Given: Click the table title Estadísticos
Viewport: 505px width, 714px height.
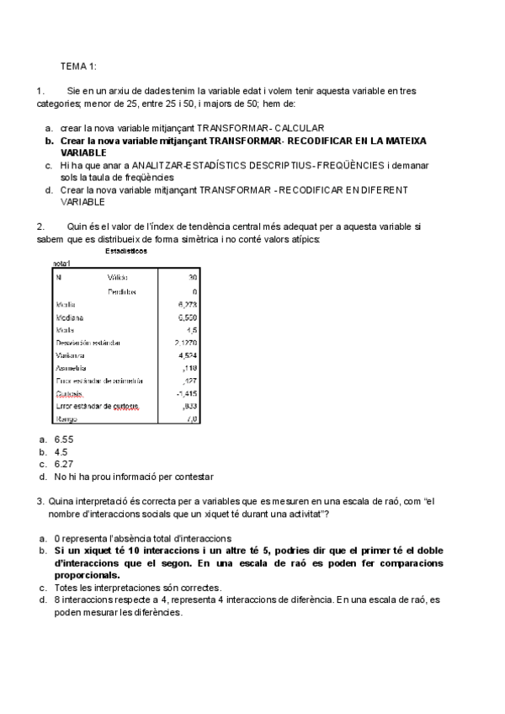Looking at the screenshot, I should pyautogui.click(x=126, y=252).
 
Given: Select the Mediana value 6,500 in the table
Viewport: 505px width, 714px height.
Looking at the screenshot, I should pyautogui.click(x=187, y=317).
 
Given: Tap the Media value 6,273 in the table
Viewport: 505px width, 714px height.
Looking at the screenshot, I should pyautogui.click(x=187, y=304).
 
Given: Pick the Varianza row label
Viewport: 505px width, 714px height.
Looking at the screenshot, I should pyautogui.click(x=71, y=355).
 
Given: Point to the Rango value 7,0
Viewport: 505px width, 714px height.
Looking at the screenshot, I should pyautogui.click(x=190, y=418).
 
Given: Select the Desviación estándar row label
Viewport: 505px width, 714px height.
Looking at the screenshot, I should pyautogui.click(x=88, y=343).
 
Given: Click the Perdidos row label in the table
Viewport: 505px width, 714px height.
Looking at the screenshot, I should pyautogui.click(x=122, y=291).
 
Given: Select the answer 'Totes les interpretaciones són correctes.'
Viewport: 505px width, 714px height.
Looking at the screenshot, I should pyautogui.click(x=137, y=588).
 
